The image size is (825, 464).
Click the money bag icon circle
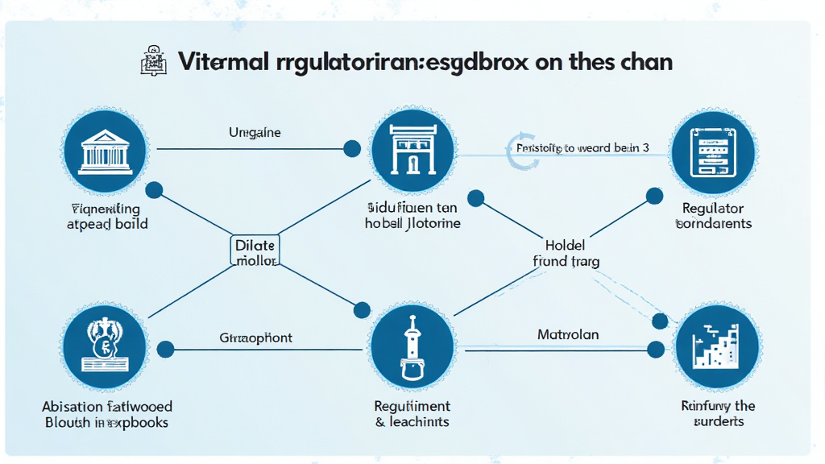105,349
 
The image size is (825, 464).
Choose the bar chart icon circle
715,349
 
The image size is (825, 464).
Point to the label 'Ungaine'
255,132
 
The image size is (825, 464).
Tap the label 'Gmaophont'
256,338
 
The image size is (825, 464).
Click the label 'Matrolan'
568,333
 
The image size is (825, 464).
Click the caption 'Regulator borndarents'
713,216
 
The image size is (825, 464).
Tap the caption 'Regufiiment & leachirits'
412,414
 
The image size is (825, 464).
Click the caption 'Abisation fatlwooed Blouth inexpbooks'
108,414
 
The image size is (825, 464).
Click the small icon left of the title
152,62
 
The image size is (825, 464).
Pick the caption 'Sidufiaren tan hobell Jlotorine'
412,216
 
